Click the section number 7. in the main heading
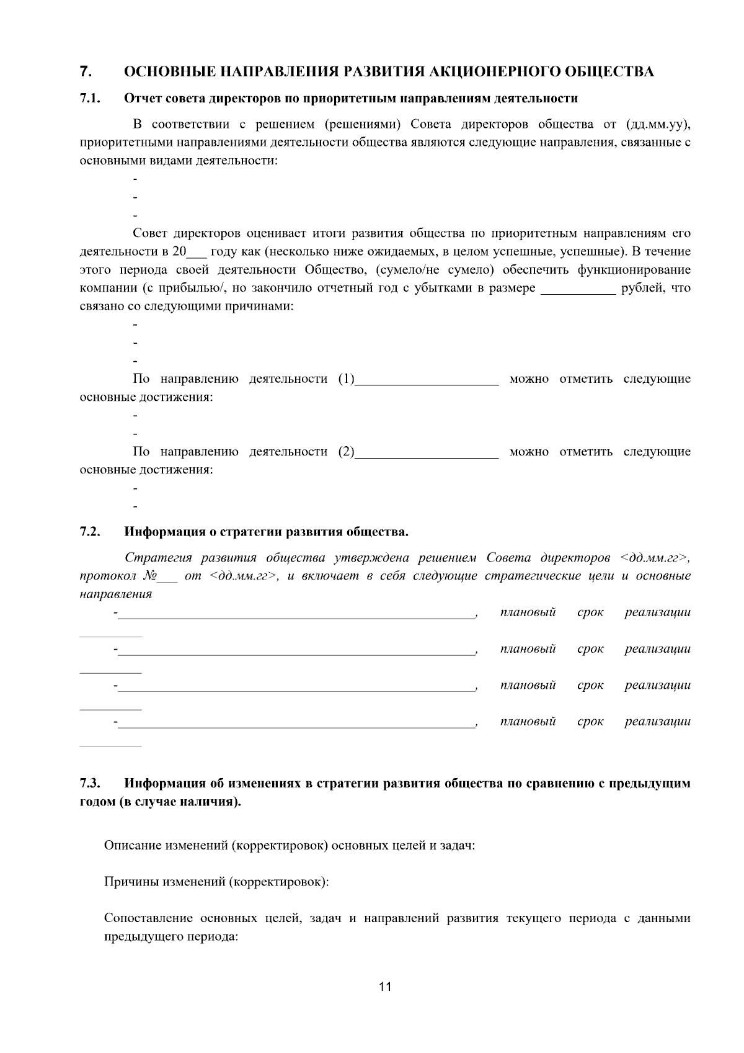86,71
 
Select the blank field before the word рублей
578,289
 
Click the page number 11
385,987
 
